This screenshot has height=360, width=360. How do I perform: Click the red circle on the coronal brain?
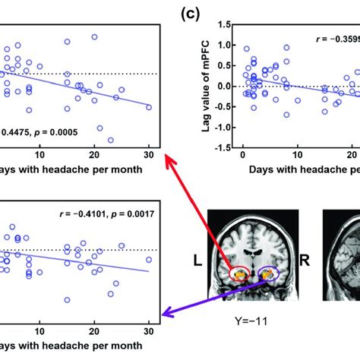(x=241, y=271)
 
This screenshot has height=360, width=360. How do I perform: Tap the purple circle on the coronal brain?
(x=268, y=272)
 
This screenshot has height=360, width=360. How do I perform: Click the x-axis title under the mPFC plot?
(x=304, y=172)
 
